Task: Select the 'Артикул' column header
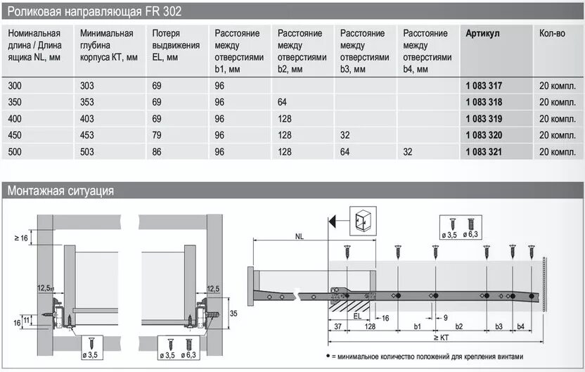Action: click(482, 34)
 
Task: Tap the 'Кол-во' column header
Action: click(553, 34)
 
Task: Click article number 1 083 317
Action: click(484, 85)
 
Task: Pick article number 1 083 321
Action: click(484, 152)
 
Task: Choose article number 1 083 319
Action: click(484, 119)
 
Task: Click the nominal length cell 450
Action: click(15, 135)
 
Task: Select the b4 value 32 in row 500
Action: click(409, 152)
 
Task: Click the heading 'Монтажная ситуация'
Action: click(60, 191)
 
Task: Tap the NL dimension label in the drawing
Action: click(290, 238)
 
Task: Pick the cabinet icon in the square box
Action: click(363, 219)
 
